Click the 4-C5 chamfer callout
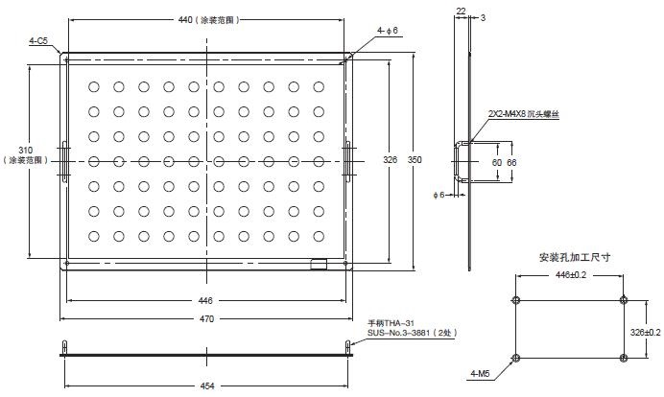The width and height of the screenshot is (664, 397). (x=40, y=41)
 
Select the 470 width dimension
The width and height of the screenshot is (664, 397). (x=205, y=319)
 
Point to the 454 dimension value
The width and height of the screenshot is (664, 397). (x=205, y=386)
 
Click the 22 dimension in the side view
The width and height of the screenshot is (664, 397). (x=460, y=11)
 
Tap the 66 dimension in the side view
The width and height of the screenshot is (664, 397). (x=511, y=164)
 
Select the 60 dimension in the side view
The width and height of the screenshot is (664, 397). (x=496, y=164)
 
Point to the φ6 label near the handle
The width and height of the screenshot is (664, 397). (x=439, y=196)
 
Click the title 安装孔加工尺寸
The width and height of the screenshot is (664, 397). (x=576, y=257)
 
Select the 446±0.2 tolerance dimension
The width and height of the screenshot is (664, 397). (x=571, y=273)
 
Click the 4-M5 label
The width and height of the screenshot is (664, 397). (x=484, y=372)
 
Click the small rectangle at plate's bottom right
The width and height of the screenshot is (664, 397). (x=320, y=262)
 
